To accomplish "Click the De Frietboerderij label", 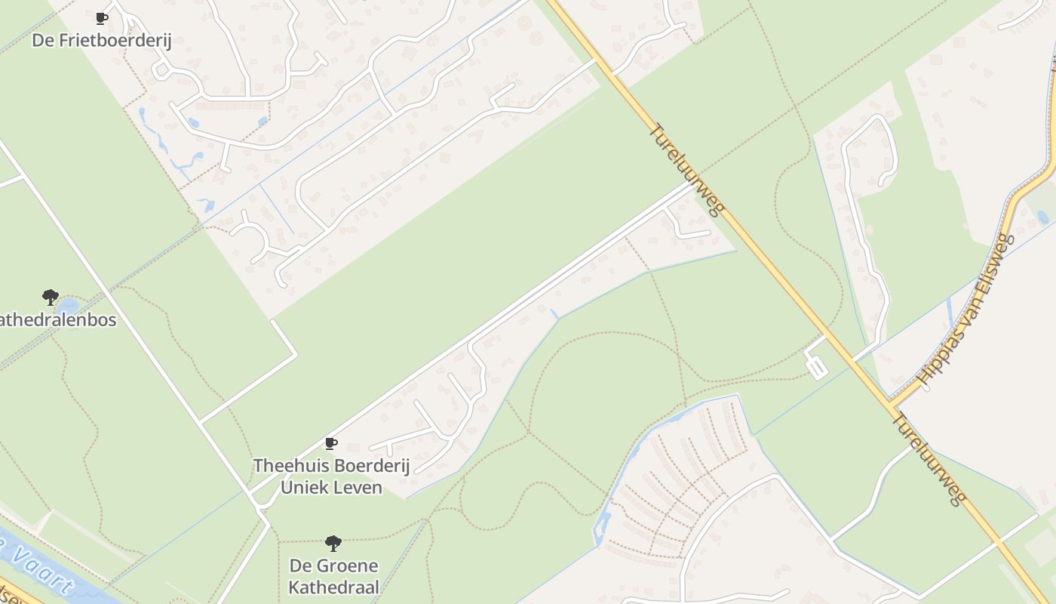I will [102, 40].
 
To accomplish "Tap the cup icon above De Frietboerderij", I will [102, 18].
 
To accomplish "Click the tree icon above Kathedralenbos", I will [51, 297].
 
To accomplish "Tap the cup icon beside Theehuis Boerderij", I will [330, 443].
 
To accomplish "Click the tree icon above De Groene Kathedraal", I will [333, 543].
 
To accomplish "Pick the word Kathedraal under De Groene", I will [333, 587].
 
